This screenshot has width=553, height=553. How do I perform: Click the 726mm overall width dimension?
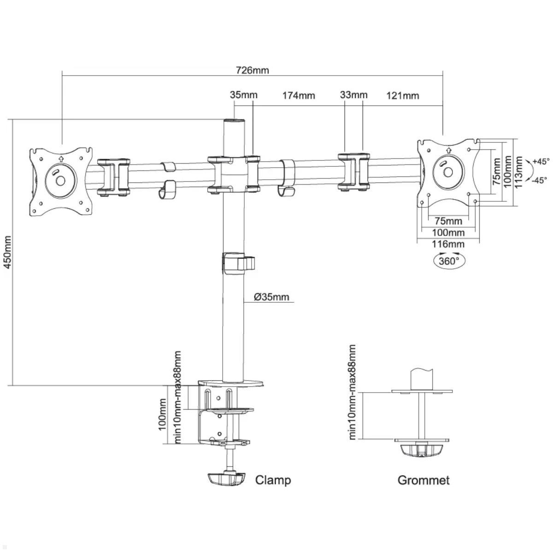pos(252,71)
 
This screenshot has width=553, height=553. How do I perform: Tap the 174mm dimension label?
pos(299,95)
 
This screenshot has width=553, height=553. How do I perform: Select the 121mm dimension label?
pos(403,95)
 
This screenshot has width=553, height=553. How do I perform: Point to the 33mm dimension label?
pos(353,95)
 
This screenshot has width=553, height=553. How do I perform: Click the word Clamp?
pos(273,480)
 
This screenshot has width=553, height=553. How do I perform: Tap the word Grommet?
pos(423,480)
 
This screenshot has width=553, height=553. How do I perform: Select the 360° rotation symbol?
pos(449,260)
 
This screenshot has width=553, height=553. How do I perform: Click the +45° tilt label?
pos(540,161)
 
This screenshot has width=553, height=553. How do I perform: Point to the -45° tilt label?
pos(539,180)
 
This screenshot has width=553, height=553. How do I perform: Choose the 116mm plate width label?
pos(448,244)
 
